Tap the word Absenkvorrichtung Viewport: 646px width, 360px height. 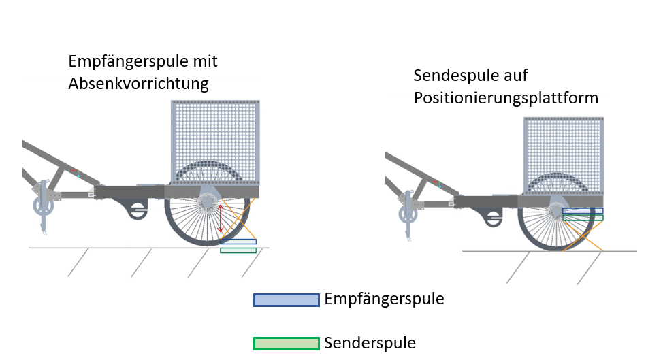coord(138,84)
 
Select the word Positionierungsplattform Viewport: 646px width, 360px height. coord(506,98)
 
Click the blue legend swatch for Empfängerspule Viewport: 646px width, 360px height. coord(286,300)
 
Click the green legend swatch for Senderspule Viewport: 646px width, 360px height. coord(286,344)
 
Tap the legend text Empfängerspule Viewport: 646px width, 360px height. coord(384,299)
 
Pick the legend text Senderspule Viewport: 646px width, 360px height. coord(370,342)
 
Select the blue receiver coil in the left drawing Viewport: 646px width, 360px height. coord(238,242)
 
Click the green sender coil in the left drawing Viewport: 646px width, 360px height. coord(238,250)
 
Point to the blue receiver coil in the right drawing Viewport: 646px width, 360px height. coord(583,211)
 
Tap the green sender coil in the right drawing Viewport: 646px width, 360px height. coord(583,218)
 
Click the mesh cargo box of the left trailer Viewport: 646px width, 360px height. coord(214,140)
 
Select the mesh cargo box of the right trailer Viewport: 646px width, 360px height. coord(563,153)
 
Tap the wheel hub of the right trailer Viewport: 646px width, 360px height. coord(557,208)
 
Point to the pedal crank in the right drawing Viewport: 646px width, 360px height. coord(406,214)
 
